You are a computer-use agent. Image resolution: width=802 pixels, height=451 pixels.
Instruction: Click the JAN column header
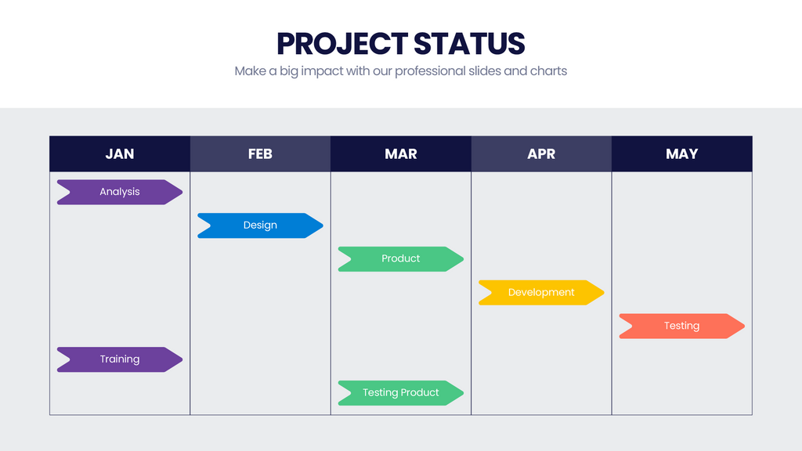[120, 153]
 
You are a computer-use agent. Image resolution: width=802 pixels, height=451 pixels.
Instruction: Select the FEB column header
[260, 153]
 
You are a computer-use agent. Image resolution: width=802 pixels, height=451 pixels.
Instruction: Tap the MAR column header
[401, 153]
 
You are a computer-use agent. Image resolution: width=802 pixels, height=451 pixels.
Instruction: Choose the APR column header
[541, 153]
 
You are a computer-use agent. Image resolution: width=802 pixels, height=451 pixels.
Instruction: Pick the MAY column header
[681, 153]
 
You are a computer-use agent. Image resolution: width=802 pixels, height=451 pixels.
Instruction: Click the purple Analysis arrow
[120, 192]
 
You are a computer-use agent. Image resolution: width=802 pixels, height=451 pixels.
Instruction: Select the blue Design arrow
[260, 225]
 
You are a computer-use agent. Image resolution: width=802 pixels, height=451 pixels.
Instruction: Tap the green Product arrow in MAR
[401, 259]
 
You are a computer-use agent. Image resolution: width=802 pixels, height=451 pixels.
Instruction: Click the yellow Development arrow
[541, 293]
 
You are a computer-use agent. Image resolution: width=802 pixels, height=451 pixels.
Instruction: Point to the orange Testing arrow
[681, 326]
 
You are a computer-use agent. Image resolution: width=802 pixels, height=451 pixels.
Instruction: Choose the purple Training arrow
[120, 359]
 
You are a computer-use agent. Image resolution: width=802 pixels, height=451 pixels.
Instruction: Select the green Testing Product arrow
[401, 393]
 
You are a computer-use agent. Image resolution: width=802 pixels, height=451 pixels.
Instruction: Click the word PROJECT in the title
[341, 43]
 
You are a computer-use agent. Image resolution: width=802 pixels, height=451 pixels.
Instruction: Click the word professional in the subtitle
[430, 71]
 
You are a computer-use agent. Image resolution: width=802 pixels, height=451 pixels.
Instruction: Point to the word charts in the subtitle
[548, 71]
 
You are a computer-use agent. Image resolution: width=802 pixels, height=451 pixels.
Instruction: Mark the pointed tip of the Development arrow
[601, 293]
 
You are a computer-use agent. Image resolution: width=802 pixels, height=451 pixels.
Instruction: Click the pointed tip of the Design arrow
[320, 225]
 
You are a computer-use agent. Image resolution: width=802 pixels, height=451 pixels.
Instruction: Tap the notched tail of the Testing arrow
[624, 326]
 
